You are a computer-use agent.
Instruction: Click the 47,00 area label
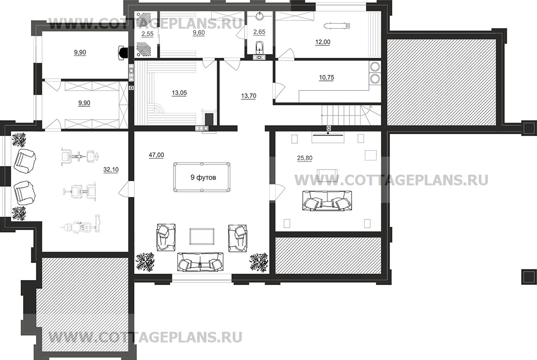[156, 155]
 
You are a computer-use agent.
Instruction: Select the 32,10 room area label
[111, 170]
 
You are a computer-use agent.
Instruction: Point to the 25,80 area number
[304, 158]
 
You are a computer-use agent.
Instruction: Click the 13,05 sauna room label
[179, 93]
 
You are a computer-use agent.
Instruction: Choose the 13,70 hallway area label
[248, 96]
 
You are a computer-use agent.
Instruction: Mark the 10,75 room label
[326, 78]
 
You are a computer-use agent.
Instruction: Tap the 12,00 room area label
[323, 42]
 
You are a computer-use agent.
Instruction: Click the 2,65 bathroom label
[259, 32]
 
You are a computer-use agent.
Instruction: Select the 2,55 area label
[147, 34]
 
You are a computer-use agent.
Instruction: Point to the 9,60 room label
[199, 33]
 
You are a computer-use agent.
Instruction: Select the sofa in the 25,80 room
[327, 201]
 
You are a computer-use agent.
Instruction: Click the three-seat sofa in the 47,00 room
[200, 262]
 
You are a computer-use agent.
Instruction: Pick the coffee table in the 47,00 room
[202, 237]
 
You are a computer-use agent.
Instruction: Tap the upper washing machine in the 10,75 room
[374, 67]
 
